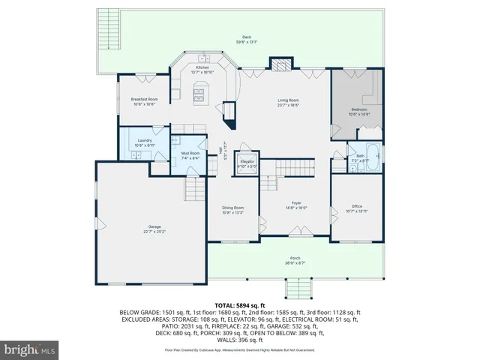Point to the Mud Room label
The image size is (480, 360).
coord(190,155)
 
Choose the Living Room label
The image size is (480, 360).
coord(289,102)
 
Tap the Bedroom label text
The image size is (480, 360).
coord(359,110)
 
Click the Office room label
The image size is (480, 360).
coord(357,208)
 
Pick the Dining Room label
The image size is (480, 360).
coord(232,209)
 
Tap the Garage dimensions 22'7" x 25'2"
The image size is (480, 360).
coord(154,232)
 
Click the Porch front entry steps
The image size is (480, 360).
coord(295,288)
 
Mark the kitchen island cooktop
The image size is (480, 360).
coord(200,94)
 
